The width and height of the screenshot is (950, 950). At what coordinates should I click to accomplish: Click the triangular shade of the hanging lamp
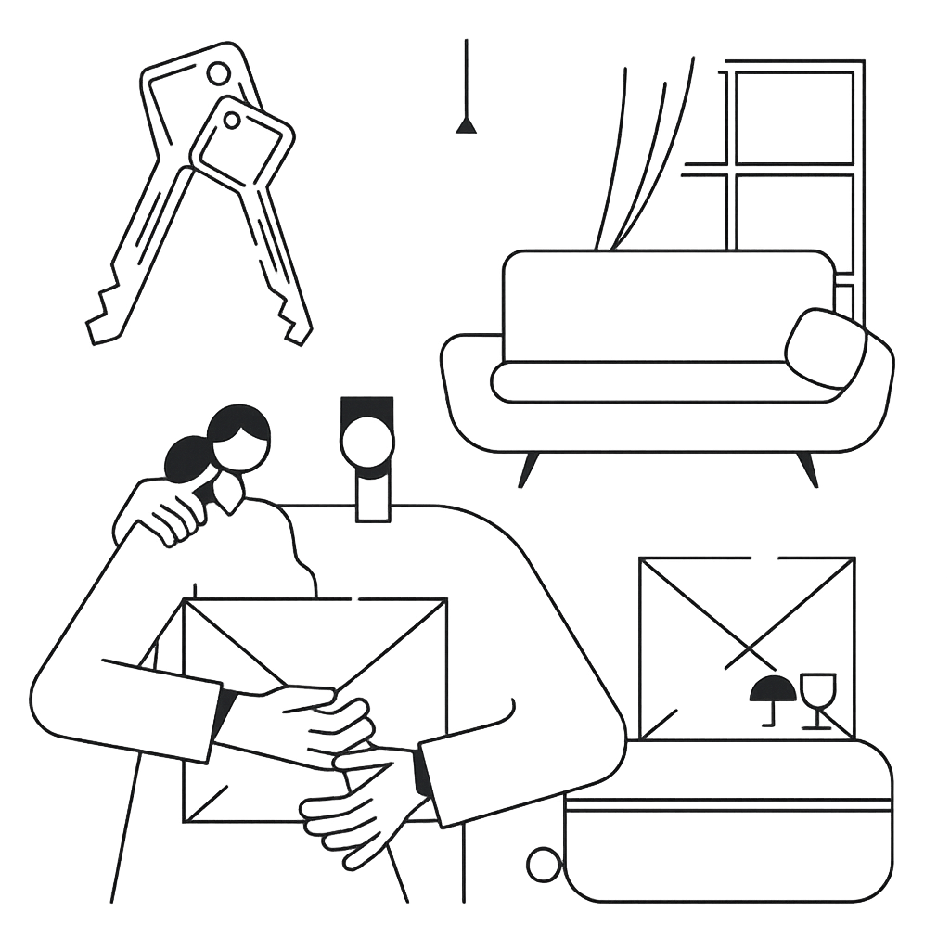(466, 125)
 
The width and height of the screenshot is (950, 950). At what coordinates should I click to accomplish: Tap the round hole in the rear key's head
(219, 72)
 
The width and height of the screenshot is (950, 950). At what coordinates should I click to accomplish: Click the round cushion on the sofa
(825, 348)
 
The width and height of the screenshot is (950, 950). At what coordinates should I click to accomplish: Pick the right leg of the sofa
(807, 468)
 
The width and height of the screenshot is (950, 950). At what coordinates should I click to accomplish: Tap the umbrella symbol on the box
(772, 690)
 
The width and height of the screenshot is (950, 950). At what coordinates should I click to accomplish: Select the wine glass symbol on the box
(817, 696)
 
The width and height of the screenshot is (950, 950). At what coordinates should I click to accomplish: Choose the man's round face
(367, 442)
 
